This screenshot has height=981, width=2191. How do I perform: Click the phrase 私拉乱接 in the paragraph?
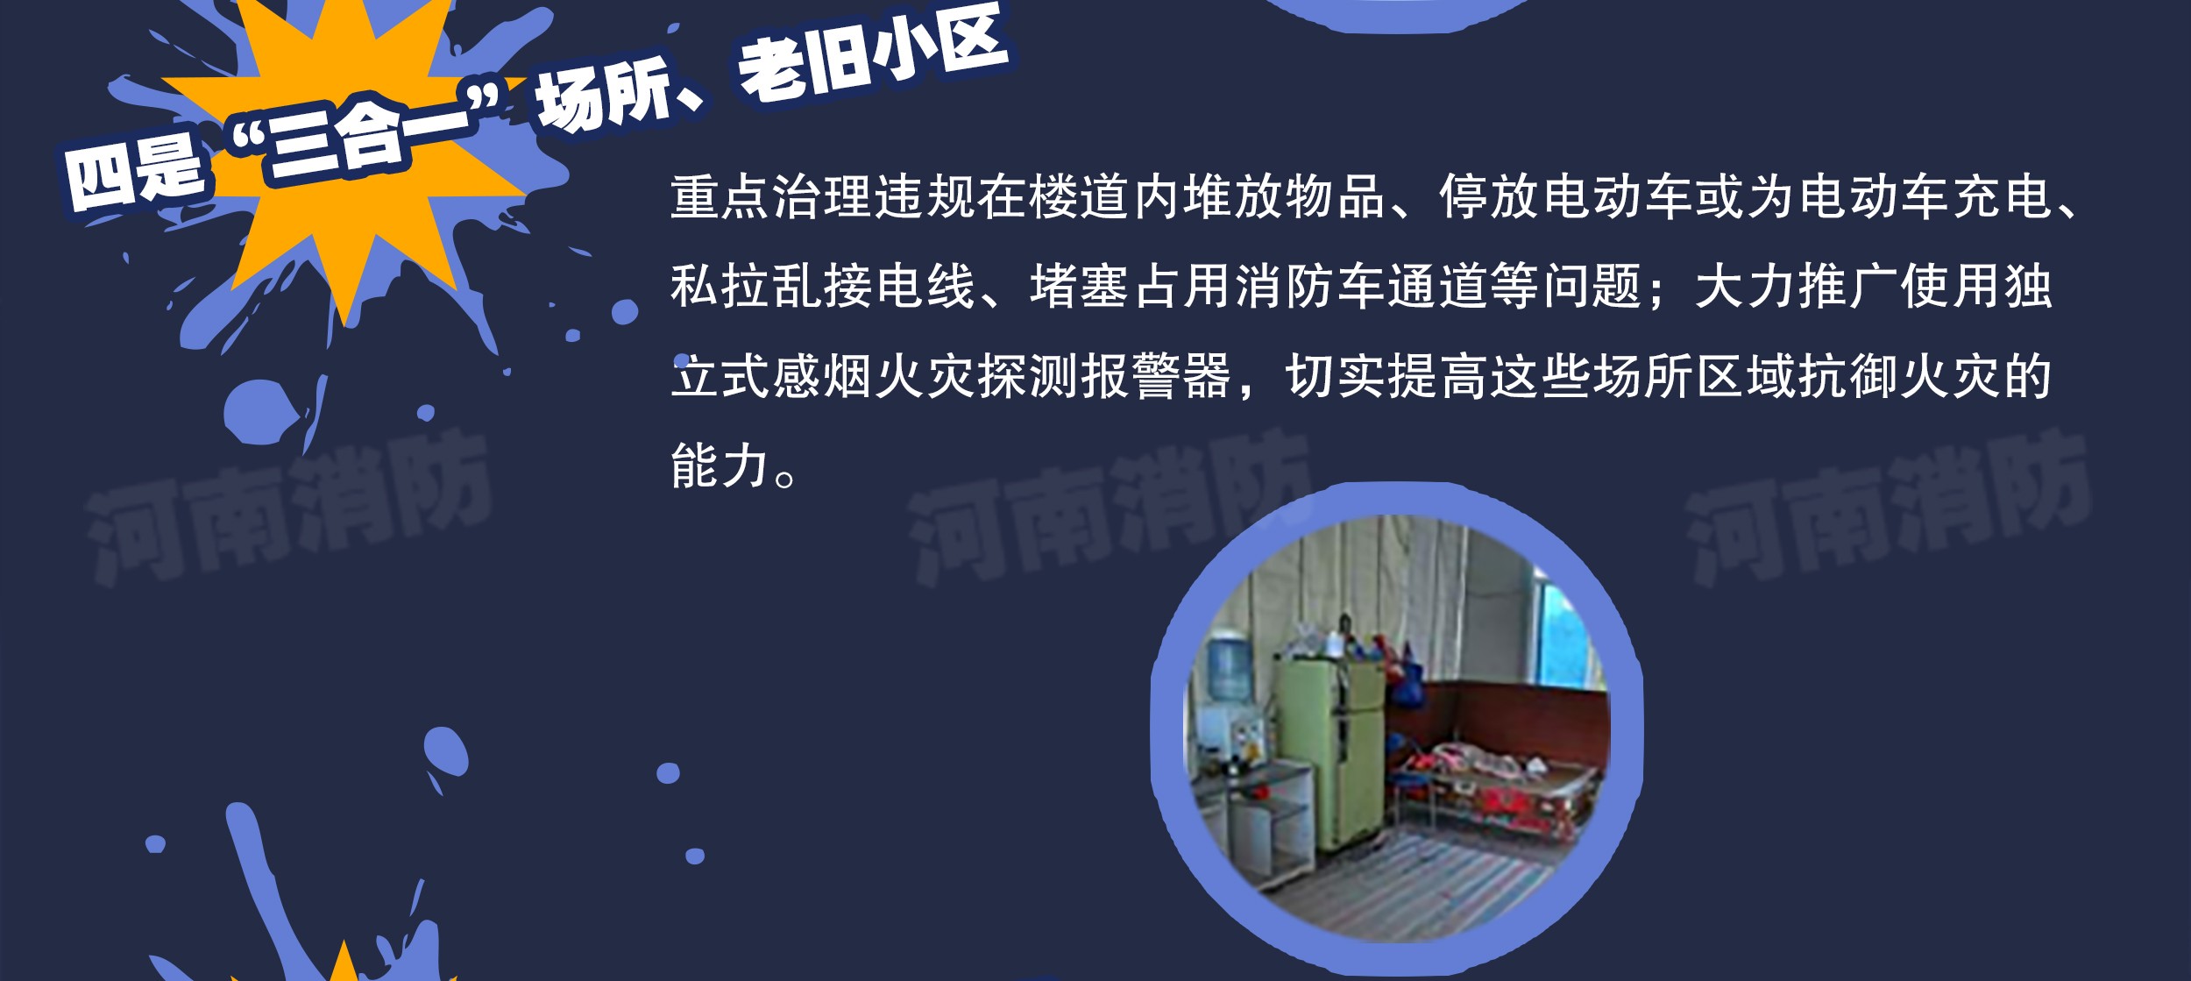772,287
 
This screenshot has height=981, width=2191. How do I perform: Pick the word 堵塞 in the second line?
1080,287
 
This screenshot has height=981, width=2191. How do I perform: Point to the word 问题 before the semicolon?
1592,287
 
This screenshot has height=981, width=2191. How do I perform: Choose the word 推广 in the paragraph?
1848,287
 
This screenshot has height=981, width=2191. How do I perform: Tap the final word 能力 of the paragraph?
720,466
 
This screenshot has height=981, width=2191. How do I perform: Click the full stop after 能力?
786,478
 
